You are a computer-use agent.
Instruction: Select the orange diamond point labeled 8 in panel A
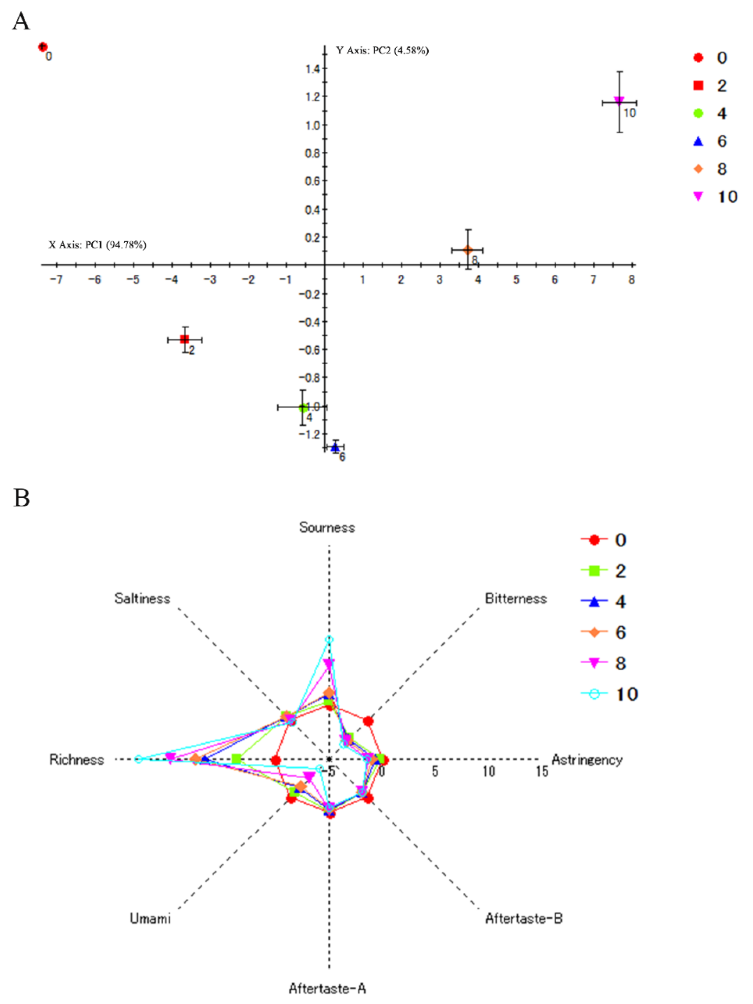pyautogui.click(x=468, y=250)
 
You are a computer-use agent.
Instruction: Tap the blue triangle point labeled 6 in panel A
pyautogui.click(x=335, y=447)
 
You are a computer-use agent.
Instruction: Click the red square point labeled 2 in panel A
pyautogui.click(x=184, y=339)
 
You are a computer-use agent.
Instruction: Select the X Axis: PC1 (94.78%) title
pyautogui.click(x=98, y=245)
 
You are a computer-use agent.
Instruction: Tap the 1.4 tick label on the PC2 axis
pyautogui.click(x=313, y=69)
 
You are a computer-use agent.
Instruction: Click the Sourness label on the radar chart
pyautogui.click(x=327, y=528)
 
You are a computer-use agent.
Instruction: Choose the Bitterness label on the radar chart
pyautogui.click(x=515, y=599)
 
